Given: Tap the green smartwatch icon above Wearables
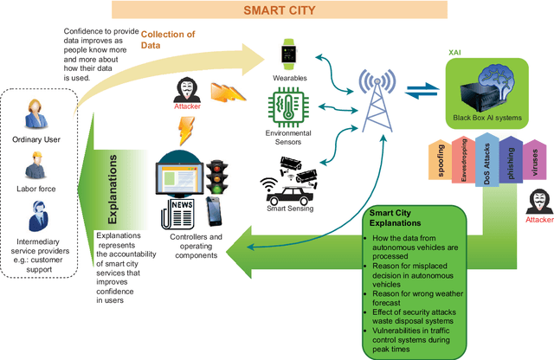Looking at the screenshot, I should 288,55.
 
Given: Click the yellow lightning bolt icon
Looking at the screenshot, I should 184,131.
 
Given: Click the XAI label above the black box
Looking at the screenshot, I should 453,52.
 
